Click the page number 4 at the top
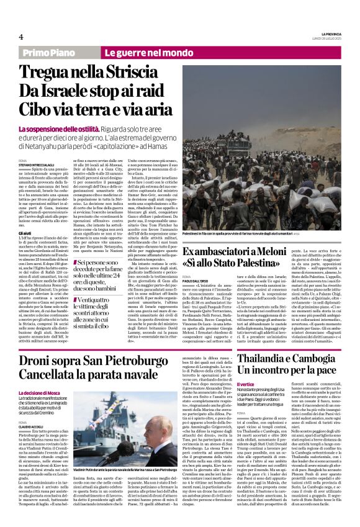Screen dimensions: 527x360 pos(20,37)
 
